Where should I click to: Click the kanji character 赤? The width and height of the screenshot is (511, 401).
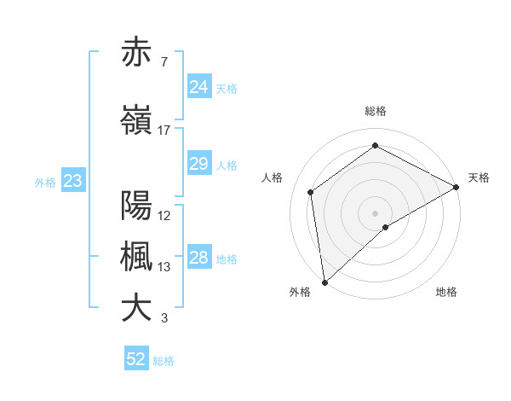point(136,53)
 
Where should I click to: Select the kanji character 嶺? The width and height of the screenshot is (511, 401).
point(136,121)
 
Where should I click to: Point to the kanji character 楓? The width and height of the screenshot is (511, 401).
point(136,257)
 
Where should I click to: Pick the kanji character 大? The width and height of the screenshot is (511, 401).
point(136,308)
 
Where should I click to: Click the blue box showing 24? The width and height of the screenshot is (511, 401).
point(198,87)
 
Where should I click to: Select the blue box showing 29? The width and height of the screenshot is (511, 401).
point(198,164)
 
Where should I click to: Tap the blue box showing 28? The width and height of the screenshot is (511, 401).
point(198,258)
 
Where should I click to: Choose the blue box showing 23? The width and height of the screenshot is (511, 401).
point(72,181)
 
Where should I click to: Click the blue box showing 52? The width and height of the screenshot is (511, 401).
point(136,359)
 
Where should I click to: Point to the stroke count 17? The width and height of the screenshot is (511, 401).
point(164,131)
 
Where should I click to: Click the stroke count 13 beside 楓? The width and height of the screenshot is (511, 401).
point(164,267)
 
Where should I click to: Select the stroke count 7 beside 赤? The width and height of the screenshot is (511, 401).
point(163,62)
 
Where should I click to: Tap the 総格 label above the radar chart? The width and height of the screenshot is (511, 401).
point(376,111)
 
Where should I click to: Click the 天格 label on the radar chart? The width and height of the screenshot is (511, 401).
point(479,177)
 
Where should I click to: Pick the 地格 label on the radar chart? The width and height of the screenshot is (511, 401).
point(446,292)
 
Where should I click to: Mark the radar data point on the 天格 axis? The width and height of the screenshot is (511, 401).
point(456,187)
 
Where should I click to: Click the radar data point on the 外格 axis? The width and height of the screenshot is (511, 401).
point(324,282)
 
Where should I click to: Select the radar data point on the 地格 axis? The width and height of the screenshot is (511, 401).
point(386,227)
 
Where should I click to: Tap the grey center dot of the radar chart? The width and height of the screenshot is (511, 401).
point(375,212)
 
